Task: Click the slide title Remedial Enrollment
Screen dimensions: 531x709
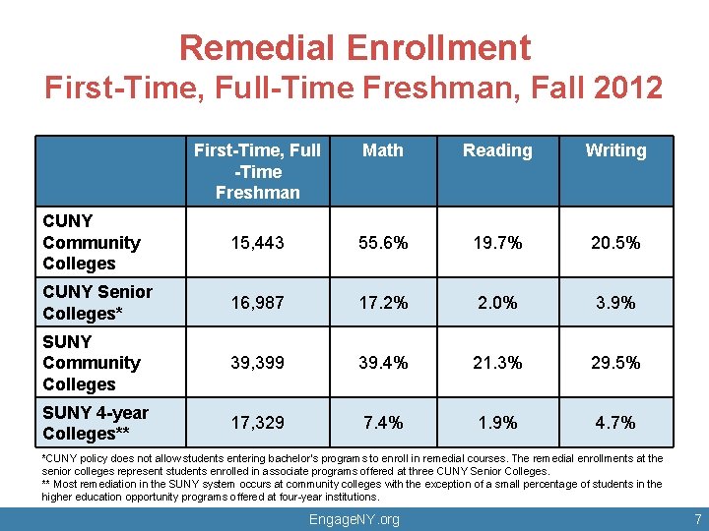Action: point(354,47)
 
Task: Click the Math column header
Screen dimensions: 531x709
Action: point(383,150)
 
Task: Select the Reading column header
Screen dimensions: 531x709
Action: point(497,150)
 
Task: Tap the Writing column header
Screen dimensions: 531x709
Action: point(615,150)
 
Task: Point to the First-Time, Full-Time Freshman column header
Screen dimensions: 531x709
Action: point(257,171)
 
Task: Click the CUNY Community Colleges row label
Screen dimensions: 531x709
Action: point(92,242)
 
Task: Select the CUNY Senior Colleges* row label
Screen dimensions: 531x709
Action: point(97,302)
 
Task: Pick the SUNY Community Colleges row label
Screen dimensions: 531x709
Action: point(92,363)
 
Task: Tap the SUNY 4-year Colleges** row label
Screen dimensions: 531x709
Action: point(96,423)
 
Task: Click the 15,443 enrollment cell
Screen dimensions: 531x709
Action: point(257,243)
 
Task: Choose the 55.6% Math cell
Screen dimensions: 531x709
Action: point(383,243)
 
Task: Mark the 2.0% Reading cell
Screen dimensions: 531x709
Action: point(497,303)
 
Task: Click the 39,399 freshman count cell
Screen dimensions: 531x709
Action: point(257,363)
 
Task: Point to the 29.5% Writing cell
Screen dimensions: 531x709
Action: point(615,363)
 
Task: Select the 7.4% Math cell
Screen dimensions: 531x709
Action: point(383,423)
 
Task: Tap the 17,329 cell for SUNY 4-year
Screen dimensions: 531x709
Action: point(257,423)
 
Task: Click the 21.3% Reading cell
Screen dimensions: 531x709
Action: point(497,363)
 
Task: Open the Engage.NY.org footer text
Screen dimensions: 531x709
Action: point(354,519)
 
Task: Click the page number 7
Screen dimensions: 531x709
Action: point(696,518)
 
